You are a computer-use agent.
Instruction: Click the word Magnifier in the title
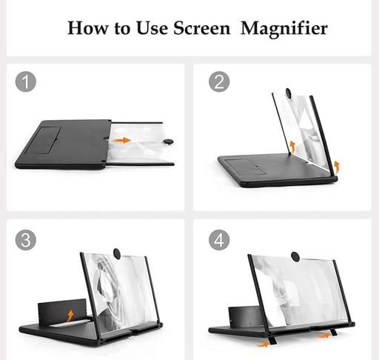[284, 29]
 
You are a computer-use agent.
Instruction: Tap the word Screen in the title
[201, 28]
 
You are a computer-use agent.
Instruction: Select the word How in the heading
[88, 28]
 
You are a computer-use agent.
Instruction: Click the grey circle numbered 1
[26, 81]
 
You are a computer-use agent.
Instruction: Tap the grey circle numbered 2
[219, 81]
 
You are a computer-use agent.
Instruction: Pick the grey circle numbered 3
[26, 240]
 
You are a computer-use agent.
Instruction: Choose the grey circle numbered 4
[219, 240]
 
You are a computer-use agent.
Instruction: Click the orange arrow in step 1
[121, 140]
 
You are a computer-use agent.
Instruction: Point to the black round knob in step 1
[169, 141]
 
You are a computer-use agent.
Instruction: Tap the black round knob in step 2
[288, 93]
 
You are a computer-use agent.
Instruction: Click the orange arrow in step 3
[70, 316]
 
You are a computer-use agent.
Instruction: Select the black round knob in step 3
[117, 253]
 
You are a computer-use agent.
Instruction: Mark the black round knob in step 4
[295, 256]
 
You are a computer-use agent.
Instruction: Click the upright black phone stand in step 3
[62, 311]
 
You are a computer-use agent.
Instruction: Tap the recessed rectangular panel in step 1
[44, 140]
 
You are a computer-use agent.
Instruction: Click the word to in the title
[122, 28]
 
